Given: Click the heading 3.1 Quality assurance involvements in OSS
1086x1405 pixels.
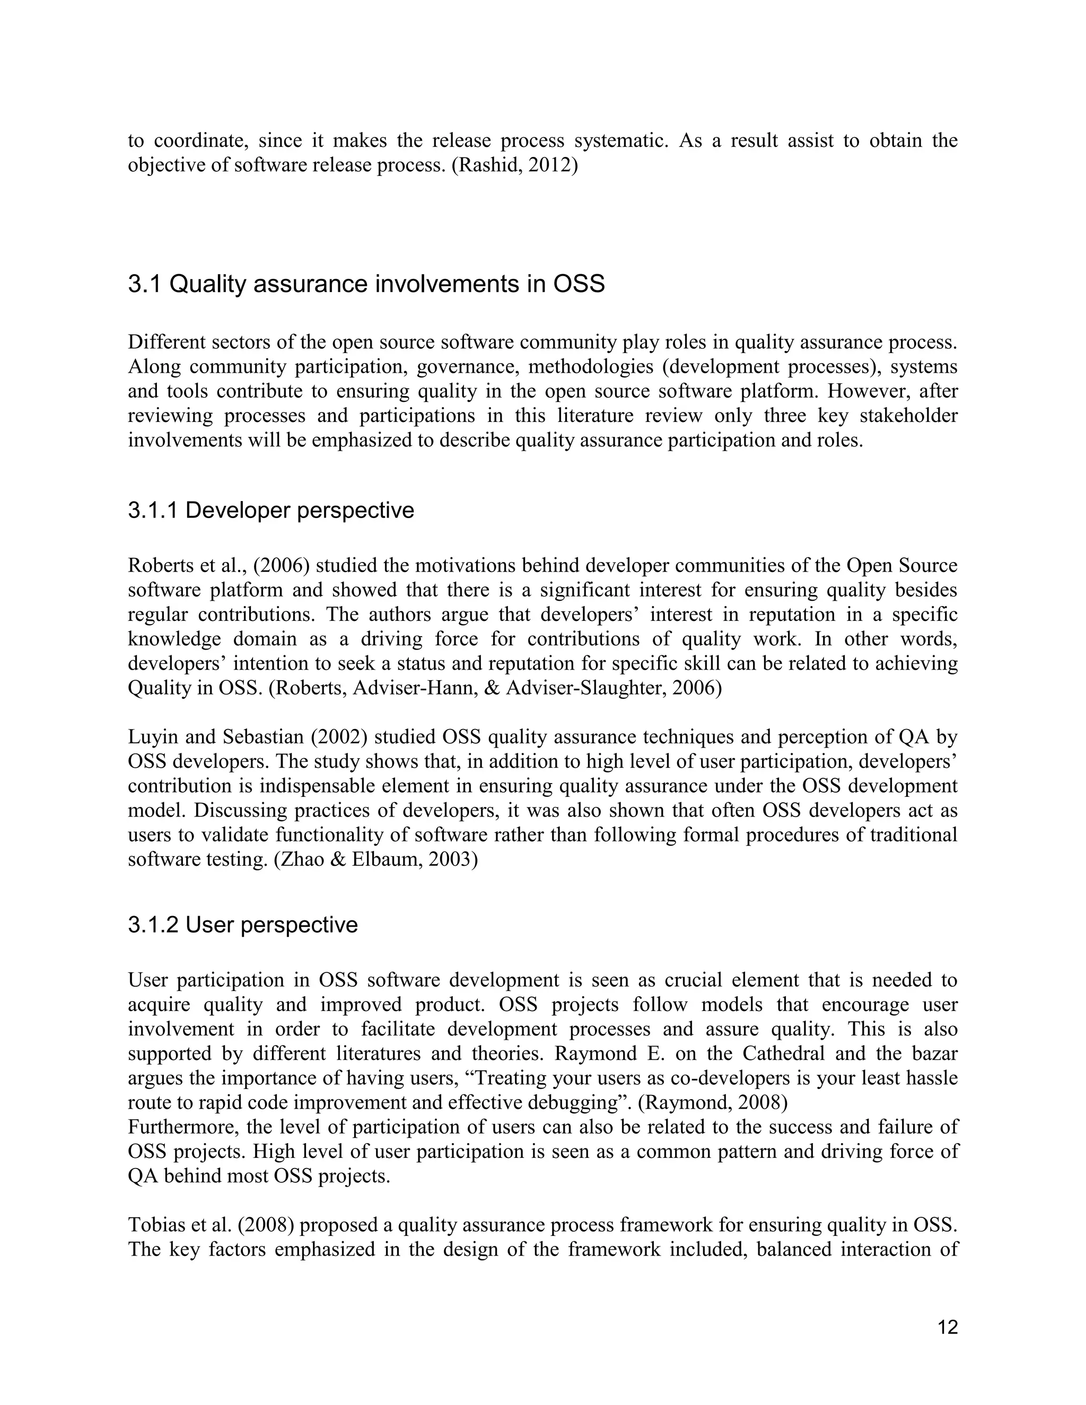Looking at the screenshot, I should [366, 284].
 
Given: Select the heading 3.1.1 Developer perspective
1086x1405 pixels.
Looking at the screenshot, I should [271, 510].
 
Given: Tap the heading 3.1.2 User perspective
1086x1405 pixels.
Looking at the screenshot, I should [242, 925].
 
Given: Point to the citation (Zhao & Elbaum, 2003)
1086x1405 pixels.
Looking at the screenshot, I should [376, 859].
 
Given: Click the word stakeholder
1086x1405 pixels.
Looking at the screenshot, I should [908, 416].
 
